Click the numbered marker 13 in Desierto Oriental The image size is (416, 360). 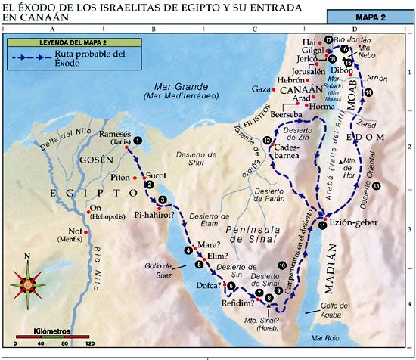(376, 186)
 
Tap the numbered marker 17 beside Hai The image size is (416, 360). (328, 39)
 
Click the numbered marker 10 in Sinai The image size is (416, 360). (282, 265)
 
